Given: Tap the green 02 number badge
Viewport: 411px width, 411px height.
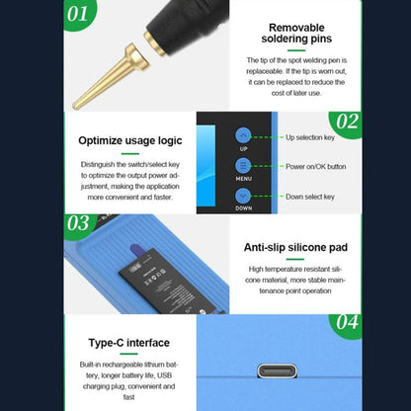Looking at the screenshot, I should (346, 123).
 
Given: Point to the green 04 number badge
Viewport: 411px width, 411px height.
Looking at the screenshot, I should (346, 323).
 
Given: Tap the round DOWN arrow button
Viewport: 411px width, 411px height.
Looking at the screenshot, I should (243, 195).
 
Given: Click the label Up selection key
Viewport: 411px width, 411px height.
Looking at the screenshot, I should (310, 137).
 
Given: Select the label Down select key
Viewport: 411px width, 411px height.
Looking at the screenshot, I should (308, 197).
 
